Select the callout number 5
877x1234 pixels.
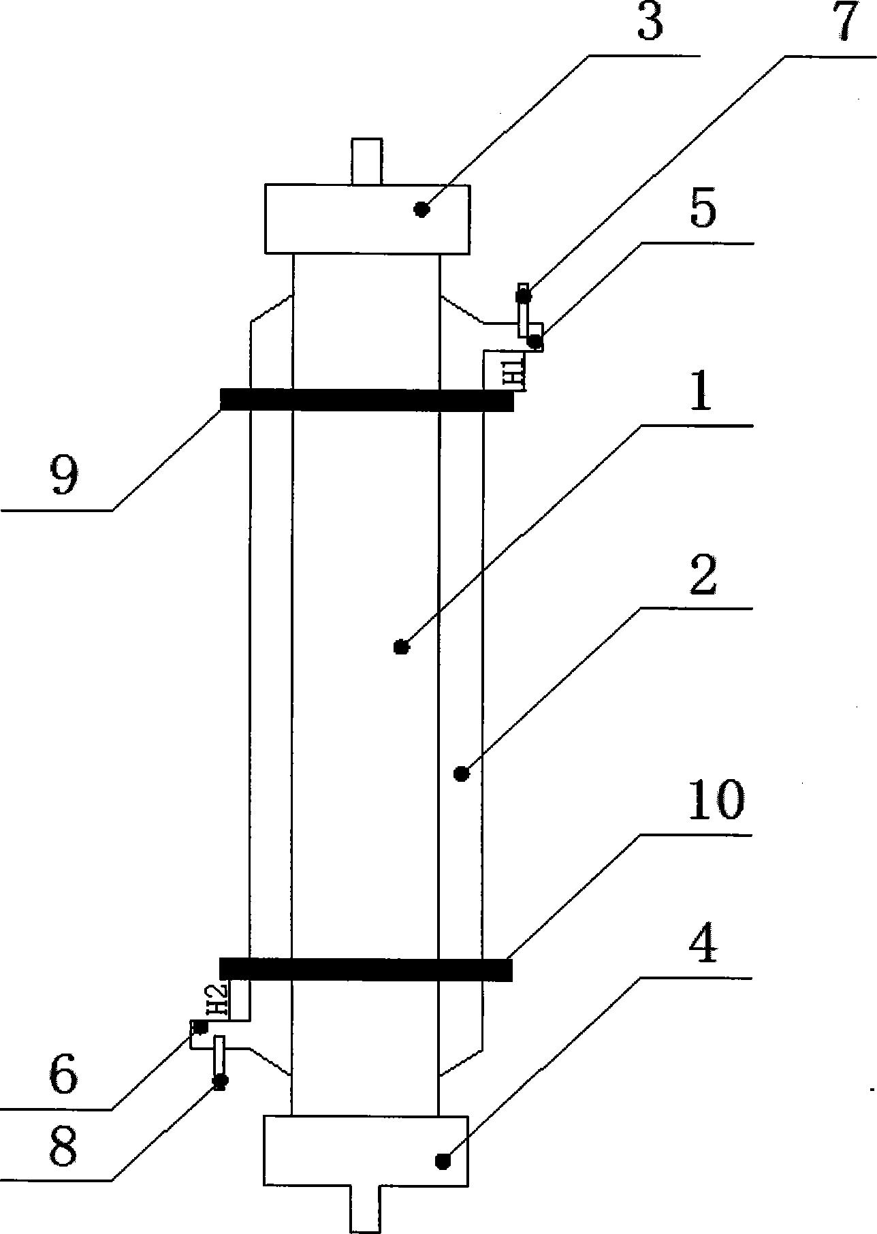point(703,210)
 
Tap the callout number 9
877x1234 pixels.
point(65,477)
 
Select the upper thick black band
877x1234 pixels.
point(367,400)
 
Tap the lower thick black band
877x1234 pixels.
point(366,969)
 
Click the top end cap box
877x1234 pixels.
point(367,219)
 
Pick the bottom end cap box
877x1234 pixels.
point(366,1150)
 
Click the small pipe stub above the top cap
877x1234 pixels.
point(367,161)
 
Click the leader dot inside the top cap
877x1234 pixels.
point(422,209)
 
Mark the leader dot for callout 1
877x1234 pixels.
point(402,646)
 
